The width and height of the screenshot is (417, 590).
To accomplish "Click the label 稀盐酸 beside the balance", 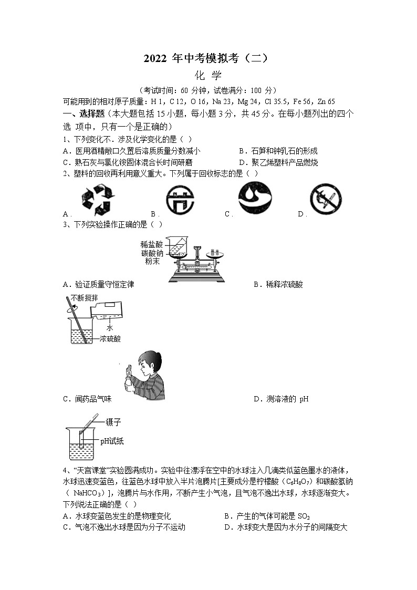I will pyautogui.click(x=152, y=244).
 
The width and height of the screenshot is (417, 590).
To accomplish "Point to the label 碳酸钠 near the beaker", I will pyautogui.click(x=152, y=253).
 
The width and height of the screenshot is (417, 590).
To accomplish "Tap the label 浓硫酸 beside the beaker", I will pyautogui.click(x=110, y=339).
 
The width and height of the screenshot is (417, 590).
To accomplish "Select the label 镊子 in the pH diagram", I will pyautogui.click(x=113, y=422).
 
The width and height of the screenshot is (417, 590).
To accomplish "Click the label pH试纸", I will pyautogui.click(x=112, y=441).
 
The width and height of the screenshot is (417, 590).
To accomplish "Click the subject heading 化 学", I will pyautogui.click(x=208, y=76).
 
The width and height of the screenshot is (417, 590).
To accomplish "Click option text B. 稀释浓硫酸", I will pyautogui.click(x=278, y=284).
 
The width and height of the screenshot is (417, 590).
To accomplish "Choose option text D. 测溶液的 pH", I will pyautogui.click(x=281, y=399).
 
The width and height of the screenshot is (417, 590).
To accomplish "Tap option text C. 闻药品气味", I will pyautogui.click(x=87, y=399).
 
